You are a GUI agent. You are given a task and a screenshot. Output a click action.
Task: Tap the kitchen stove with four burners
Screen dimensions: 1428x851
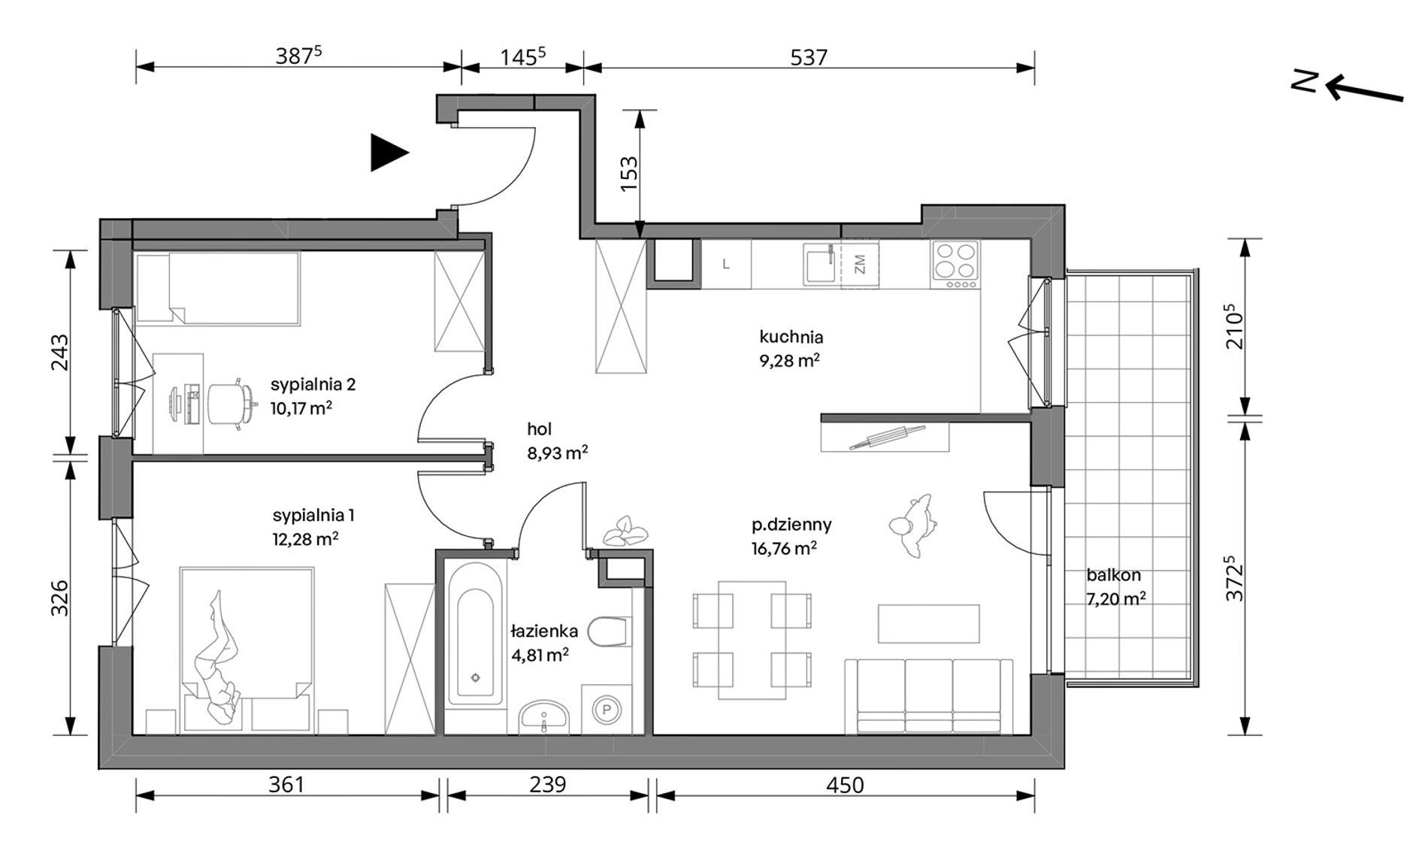[x=955, y=265]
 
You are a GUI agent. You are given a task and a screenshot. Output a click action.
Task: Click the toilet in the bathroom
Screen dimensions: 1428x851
[x=610, y=632]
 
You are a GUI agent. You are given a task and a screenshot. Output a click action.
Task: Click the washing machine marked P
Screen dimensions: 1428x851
[x=607, y=709]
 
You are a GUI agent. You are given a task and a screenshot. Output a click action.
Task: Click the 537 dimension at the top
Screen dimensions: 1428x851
[x=809, y=57]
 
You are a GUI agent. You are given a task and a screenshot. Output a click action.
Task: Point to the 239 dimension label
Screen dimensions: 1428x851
[x=547, y=785]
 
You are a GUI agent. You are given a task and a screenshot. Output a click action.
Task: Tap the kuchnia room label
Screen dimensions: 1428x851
[x=791, y=337]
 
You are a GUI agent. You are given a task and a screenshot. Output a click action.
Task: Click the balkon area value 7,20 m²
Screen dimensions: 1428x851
[x=1116, y=598]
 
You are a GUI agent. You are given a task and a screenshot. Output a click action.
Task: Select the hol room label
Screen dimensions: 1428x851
[x=539, y=429]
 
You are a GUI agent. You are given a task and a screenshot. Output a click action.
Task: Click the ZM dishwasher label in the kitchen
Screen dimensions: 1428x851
[x=861, y=264]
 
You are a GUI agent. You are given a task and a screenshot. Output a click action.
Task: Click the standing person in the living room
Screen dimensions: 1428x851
[x=912, y=525]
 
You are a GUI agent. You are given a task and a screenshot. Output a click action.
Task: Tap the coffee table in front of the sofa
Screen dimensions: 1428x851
[x=929, y=624]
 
